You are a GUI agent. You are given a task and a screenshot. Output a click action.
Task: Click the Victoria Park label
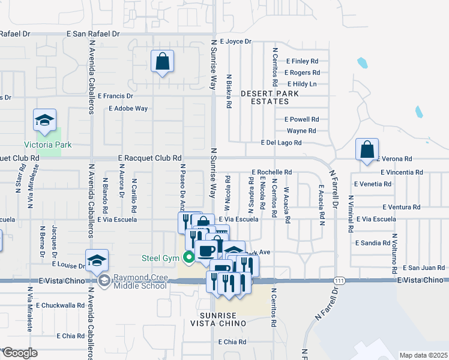[47, 145]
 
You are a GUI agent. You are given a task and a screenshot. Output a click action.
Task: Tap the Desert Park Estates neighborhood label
[265, 98]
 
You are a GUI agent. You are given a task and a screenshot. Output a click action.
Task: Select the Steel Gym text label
[161, 259]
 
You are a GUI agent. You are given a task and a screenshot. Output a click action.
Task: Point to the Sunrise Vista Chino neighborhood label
[223, 319]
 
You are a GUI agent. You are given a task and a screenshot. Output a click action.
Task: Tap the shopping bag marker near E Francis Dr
[162, 62]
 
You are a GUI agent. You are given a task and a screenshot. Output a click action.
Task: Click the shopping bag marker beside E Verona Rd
[367, 150]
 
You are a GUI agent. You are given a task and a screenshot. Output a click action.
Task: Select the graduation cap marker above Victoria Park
[45, 121]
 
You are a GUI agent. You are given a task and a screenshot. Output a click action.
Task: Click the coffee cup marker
[207, 251]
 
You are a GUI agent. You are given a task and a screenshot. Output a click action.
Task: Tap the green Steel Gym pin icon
[189, 259]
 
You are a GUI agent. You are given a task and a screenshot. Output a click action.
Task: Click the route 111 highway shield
[340, 280]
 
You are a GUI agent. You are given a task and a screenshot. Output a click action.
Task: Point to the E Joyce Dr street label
[235, 42]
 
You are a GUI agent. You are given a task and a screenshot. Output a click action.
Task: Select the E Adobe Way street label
[128, 109]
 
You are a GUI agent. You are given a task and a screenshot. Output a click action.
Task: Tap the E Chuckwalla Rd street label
[60, 305]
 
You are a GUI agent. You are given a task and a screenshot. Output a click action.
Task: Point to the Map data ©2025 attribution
[423, 355]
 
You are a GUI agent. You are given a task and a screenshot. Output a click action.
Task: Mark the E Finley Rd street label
[302, 61]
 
